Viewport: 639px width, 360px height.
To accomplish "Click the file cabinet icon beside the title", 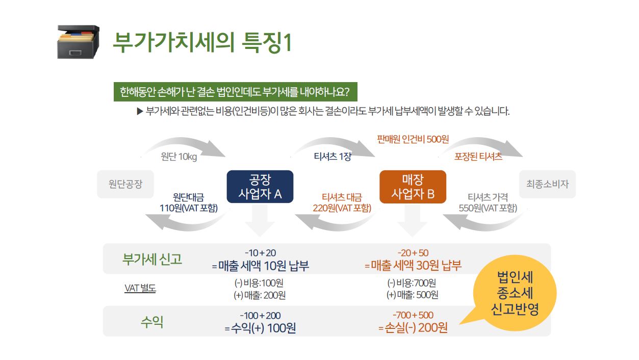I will (78, 42).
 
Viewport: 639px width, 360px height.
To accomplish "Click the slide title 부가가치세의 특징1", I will (202, 42).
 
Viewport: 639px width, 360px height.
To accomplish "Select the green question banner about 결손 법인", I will (235, 92).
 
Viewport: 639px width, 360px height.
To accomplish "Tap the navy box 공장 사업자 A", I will (260, 187).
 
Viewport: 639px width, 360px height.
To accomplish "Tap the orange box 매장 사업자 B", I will (413, 187).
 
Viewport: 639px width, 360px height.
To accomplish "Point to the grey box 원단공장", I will (125, 184).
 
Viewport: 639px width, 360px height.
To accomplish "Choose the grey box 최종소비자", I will (547, 184).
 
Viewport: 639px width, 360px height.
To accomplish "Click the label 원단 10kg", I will (178, 157).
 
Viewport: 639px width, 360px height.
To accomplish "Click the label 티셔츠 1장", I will (333, 157).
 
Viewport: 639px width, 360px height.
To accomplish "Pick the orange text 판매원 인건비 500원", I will (413, 139).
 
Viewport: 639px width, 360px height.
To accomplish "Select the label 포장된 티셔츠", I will (478, 157).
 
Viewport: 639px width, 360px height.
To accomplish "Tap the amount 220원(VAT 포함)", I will (342, 208).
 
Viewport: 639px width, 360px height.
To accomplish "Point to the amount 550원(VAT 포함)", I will (488, 208).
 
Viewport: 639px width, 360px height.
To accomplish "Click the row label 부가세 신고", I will (152, 259).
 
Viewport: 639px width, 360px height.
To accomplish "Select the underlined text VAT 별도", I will (140, 289).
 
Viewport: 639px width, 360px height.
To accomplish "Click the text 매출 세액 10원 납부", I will (263, 266).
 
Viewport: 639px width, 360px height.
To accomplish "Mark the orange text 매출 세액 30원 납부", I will (416, 266).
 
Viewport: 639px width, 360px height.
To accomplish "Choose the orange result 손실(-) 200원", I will (416, 328).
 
